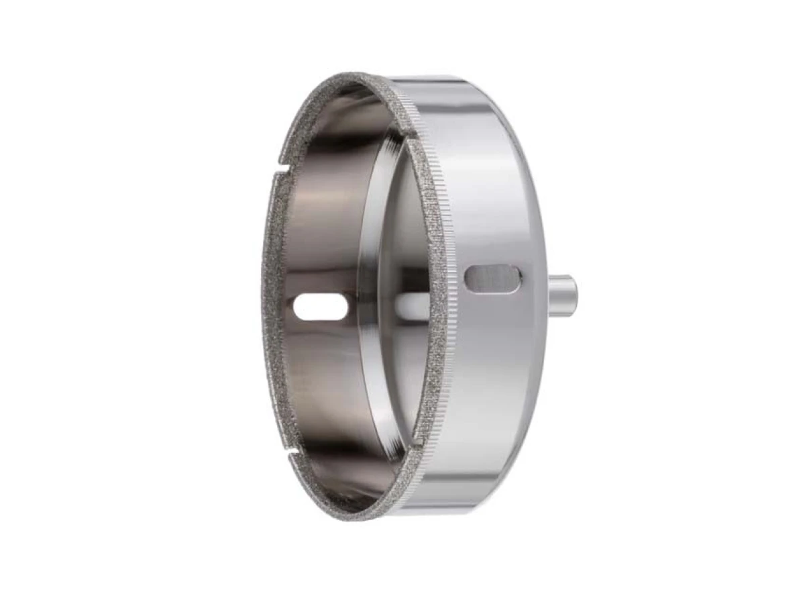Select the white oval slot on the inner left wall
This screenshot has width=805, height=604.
321,307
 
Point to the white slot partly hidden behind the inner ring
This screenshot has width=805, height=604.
411,305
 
